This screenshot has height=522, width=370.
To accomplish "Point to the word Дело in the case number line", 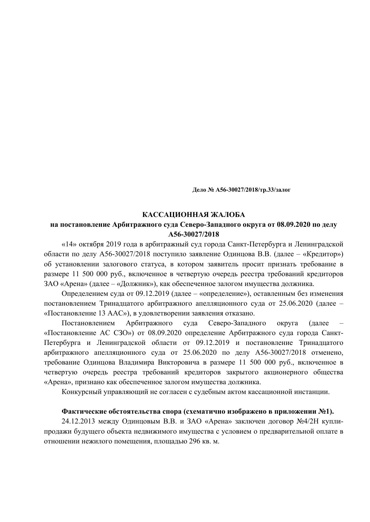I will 199,190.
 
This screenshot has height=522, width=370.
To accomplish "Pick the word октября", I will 90,244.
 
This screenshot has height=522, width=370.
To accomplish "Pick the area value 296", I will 195,441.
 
